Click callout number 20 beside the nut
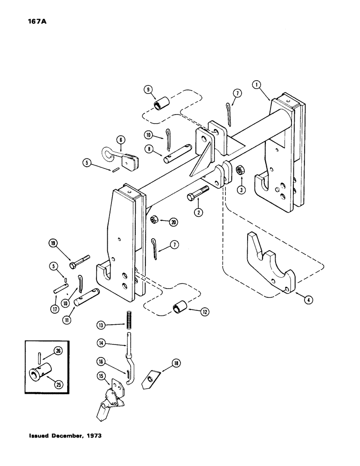point(174,222)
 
